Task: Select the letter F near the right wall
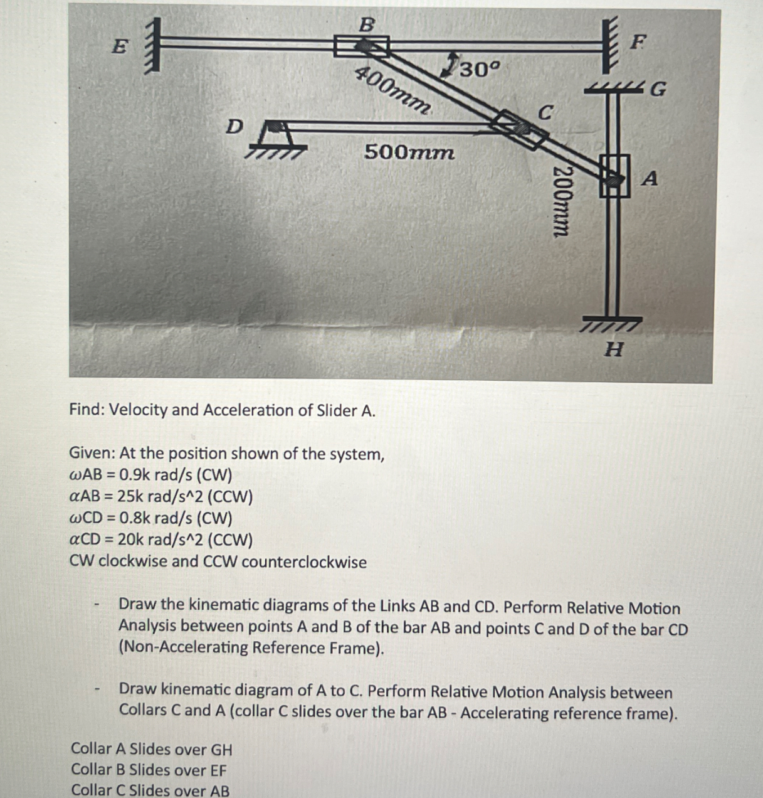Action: [638, 43]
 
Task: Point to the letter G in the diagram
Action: [658, 90]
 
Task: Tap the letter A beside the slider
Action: [650, 179]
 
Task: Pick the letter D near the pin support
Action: [233, 126]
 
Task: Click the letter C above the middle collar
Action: [546, 113]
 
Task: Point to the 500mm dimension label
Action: [409, 152]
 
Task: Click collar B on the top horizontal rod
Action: [362, 46]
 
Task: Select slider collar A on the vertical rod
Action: [614, 176]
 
